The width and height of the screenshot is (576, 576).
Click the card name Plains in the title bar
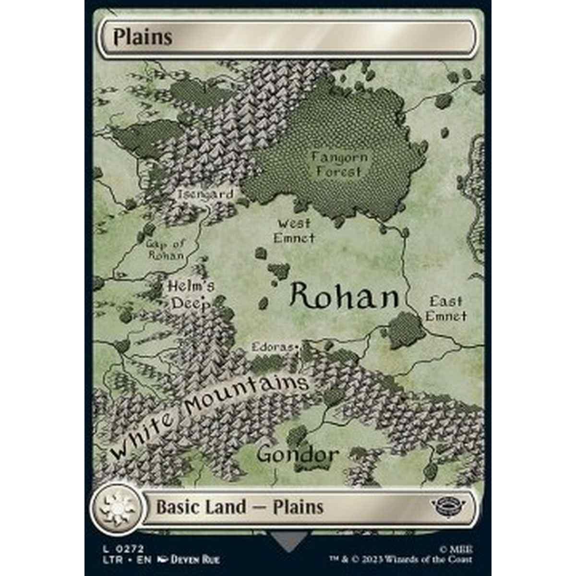(143, 37)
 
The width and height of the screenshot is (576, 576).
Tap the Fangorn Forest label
(339, 164)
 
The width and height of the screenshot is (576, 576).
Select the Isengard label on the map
(205, 194)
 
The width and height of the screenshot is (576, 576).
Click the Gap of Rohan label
(166, 249)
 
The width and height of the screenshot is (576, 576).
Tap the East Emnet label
(446, 309)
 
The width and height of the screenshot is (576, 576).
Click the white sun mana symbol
(116, 507)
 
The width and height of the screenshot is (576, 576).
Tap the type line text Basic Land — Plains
(239, 507)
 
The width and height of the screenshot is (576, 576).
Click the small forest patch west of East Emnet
(404, 330)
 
